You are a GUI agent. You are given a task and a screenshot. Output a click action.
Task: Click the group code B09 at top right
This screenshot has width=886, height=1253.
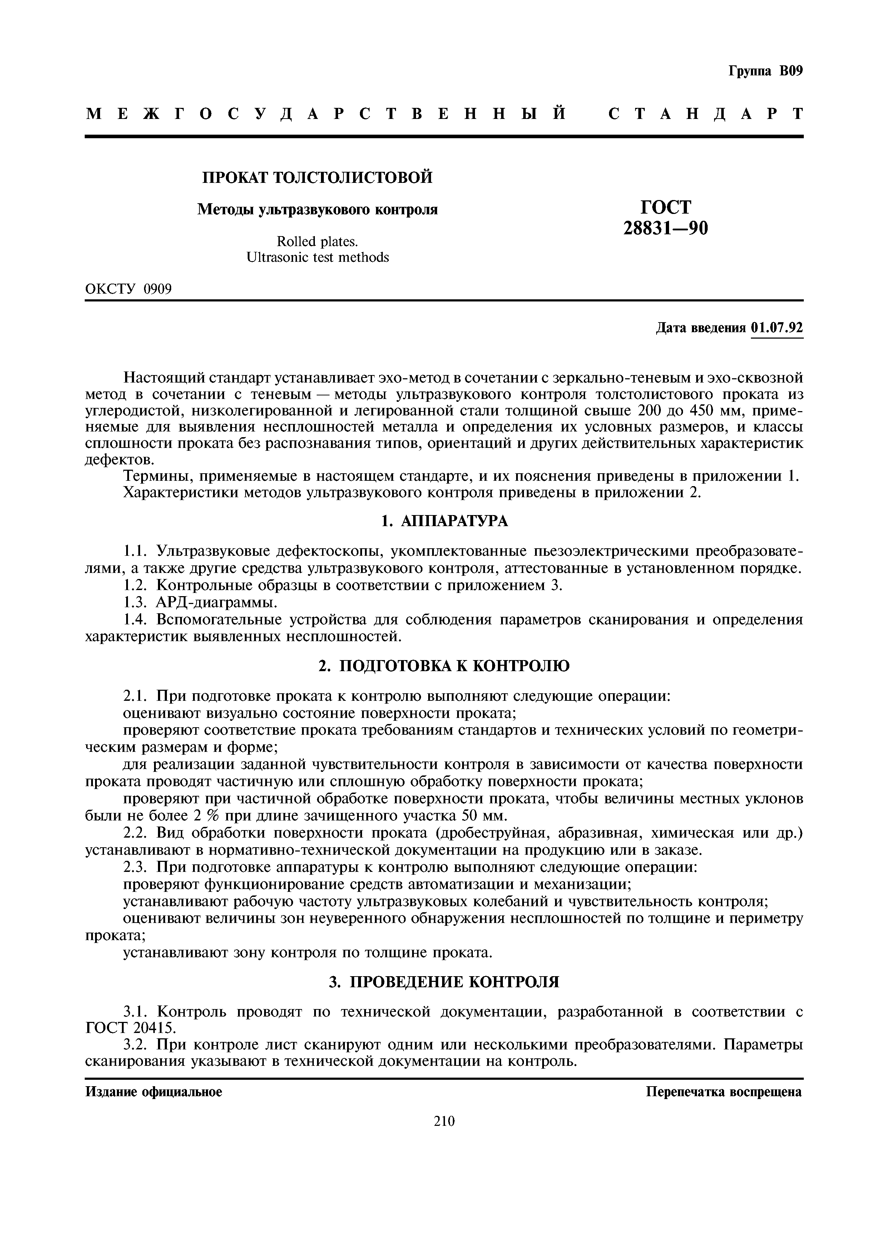point(791,71)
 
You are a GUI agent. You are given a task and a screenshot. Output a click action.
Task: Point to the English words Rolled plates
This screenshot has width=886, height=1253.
point(317,241)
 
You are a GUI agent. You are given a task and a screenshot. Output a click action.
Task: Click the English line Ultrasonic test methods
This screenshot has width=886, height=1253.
point(318,257)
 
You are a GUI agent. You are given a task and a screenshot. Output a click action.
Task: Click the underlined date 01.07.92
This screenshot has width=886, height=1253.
point(777,328)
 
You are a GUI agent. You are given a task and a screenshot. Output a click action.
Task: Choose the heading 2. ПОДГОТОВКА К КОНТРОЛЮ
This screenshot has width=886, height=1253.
point(444,666)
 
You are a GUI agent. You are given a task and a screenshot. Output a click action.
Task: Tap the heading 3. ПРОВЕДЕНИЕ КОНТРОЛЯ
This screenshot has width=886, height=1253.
point(444,982)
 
